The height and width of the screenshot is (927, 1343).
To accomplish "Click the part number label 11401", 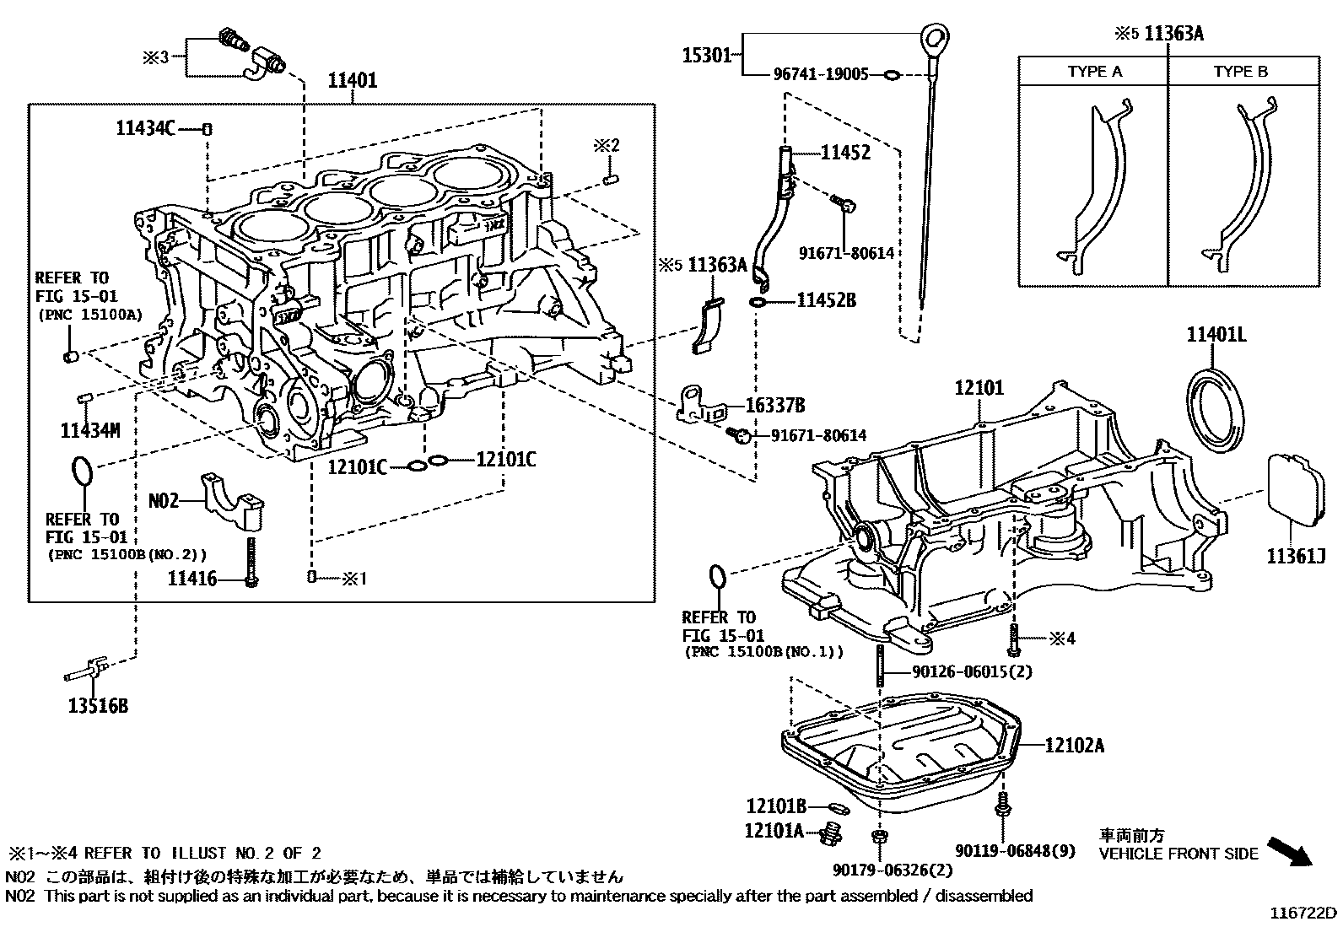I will pyautogui.click(x=352, y=81).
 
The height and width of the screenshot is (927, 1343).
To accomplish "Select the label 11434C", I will pyautogui.click(x=145, y=129).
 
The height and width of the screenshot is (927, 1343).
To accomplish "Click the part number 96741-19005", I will pyautogui.click(x=821, y=75).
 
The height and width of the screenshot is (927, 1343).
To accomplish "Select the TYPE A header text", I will pyautogui.click(x=1094, y=72).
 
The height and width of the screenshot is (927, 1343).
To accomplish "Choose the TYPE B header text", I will pyautogui.click(x=1240, y=72).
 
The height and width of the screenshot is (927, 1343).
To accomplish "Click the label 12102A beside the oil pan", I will pyautogui.click(x=1074, y=746).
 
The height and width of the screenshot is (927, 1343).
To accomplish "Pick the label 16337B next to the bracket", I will pyautogui.click(x=775, y=407).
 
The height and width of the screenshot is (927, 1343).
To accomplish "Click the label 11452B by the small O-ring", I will pyautogui.click(x=826, y=300).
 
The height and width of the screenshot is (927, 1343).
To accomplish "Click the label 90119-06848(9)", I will pyautogui.click(x=1016, y=850).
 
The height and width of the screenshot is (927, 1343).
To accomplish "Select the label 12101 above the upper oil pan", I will pyautogui.click(x=979, y=388).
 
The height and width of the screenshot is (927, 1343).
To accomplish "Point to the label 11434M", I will pyautogui.click(x=90, y=431).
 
